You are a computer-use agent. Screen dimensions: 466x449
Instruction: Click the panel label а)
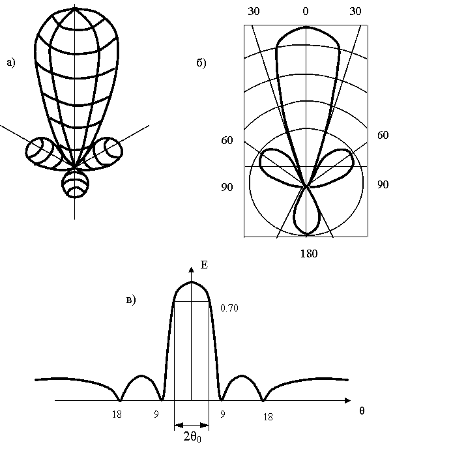pyautogui.click(x=10, y=63)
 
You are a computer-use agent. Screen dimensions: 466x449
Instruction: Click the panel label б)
pyautogui.click(x=201, y=63)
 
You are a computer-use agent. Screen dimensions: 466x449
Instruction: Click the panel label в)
pyautogui.click(x=130, y=300)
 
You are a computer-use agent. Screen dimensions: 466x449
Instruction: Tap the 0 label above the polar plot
pyautogui.click(x=306, y=12)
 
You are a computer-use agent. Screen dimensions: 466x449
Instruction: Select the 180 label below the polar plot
pyautogui.click(x=308, y=253)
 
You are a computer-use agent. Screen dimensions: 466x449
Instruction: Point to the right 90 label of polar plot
pyautogui.click(x=383, y=184)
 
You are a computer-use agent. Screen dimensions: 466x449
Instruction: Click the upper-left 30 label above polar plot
pyautogui.click(x=254, y=12)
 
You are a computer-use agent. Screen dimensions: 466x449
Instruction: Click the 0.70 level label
pyautogui.click(x=230, y=308)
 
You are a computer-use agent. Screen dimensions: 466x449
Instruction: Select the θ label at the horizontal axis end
pyautogui.click(x=362, y=411)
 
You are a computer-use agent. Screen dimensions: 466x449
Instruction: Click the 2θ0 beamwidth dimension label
pyautogui.click(x=192, y=439)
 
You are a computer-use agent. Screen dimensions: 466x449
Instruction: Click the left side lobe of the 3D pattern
pyautogui.click(x=42, y=151)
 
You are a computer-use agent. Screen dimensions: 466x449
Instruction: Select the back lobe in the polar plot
pyautogui.click(x=306, y=214)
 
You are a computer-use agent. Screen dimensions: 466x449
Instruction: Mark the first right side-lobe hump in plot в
pyautogui.click(x=242, y=384)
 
